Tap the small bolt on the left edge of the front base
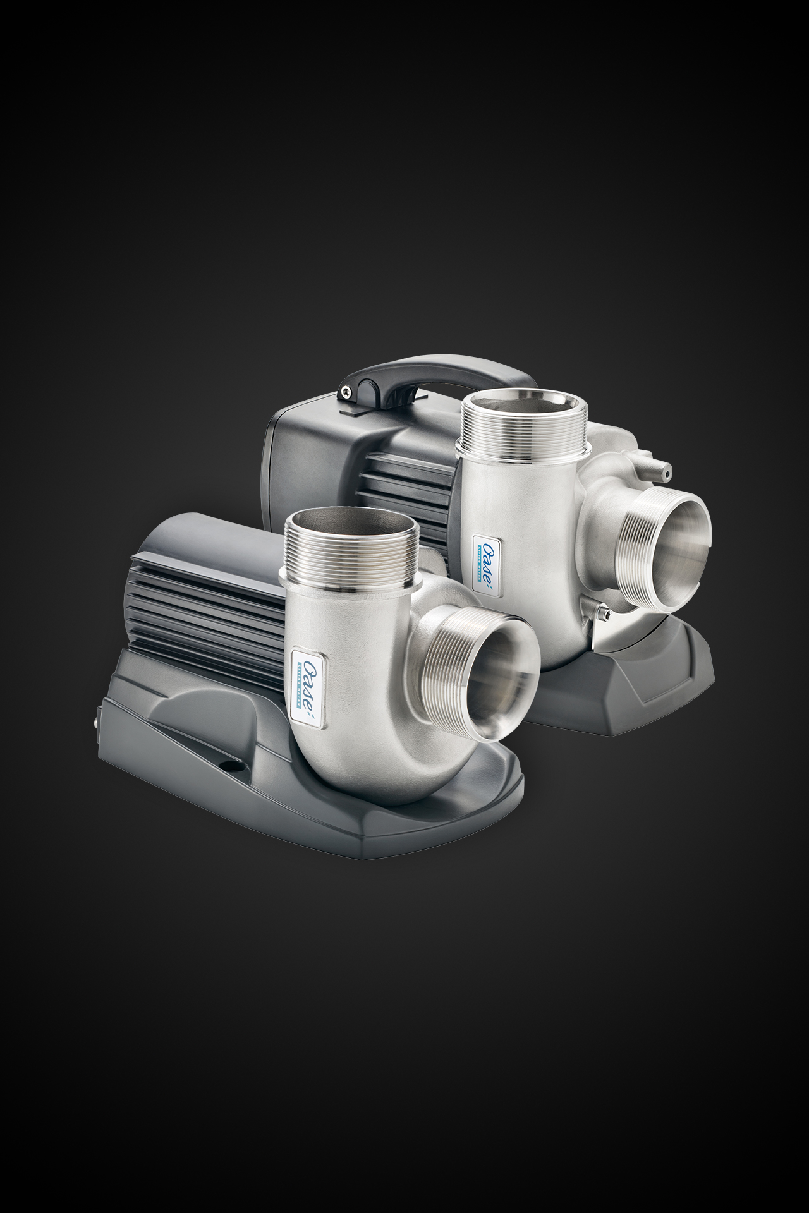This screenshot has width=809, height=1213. click(97, 716)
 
